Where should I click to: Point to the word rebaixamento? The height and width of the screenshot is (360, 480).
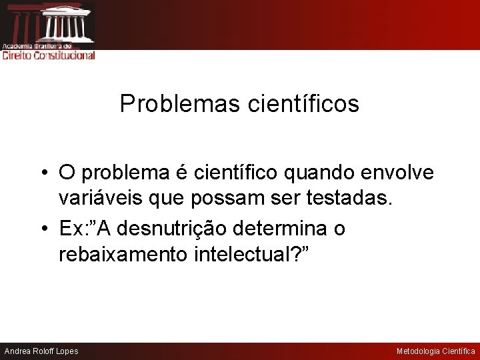pos(121,255)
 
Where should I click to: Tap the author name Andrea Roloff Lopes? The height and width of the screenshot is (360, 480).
pos(41,351)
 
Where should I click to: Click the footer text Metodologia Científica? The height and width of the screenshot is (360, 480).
pos(435,351)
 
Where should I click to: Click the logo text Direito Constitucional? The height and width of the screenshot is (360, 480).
pos(49,55)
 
